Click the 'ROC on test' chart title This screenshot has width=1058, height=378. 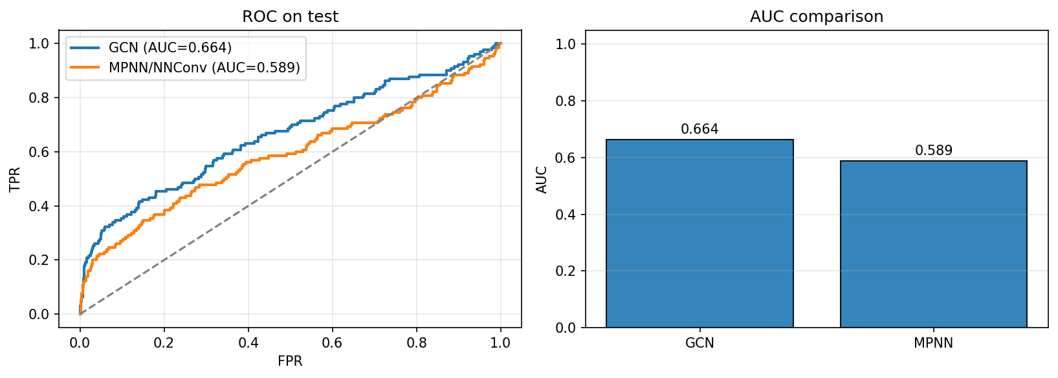pos(290,17)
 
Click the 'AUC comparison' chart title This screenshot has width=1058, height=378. pos(817,17)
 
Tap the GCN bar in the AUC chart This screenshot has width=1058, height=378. pos(700,233)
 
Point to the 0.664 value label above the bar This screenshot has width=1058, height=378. pos(700,129)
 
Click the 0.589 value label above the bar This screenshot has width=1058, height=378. pos(933,151)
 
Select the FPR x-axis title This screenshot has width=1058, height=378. pos(290,361)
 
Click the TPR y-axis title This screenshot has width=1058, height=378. pos(15,179)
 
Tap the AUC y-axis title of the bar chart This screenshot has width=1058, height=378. pos(542,179)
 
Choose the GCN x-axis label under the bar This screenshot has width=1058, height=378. pos(700,343)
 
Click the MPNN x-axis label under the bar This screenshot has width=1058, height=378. pos(933,343)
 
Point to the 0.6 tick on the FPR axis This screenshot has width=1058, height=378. pos(333,342)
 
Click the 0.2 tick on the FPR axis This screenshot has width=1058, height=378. pos(164,342)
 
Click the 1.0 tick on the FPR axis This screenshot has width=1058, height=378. pos(501,342)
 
